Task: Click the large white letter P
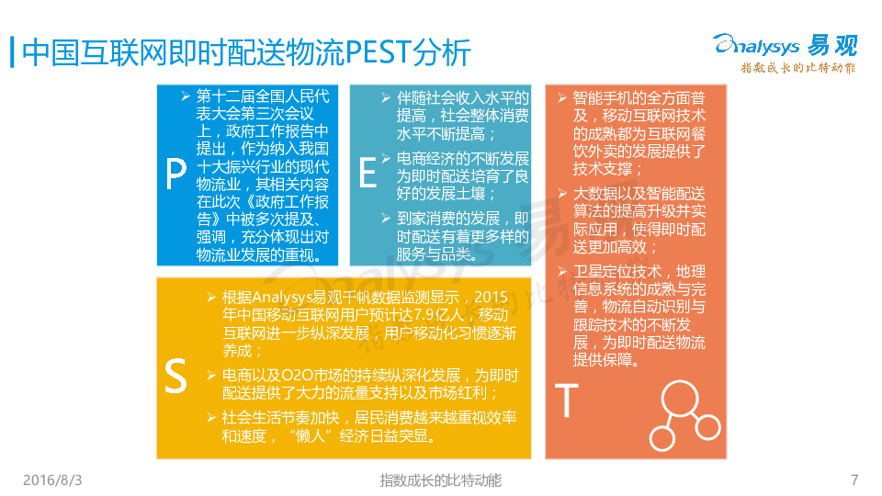[x=176, y=173]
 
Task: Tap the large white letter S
[x=175, y=376]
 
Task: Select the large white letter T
[x=567, y=400]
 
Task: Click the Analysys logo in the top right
[x=786, y=45]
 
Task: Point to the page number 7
[x=854, y=479]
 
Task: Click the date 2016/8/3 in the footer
[x=52, y=480]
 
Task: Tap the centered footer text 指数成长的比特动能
[x=440, y=480]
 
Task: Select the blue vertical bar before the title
[x=12, y=52]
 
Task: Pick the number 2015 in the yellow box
[x=491, y=297]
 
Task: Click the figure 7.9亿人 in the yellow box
[x=438, y=315]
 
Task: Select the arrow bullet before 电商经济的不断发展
[x=386, y=159]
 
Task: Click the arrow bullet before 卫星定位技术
[x=562, y=272]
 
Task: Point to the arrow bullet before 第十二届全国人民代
[x=186, y=96]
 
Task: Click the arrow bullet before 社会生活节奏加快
[x=211, y=417]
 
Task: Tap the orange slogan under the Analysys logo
[x=798, y=68]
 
